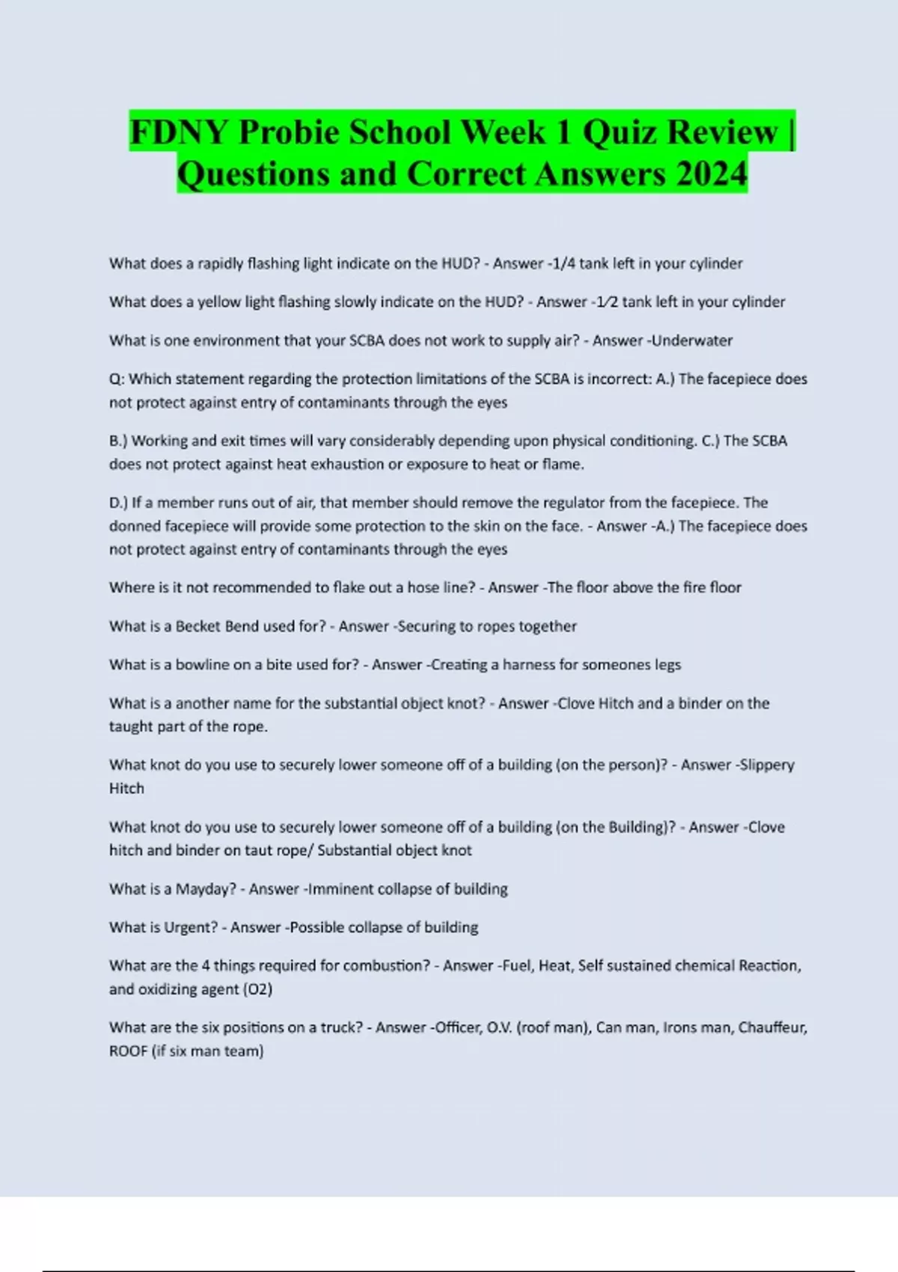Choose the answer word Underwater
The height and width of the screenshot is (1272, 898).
tap(693, 340)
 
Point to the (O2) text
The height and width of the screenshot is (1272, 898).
tap(258, 989)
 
